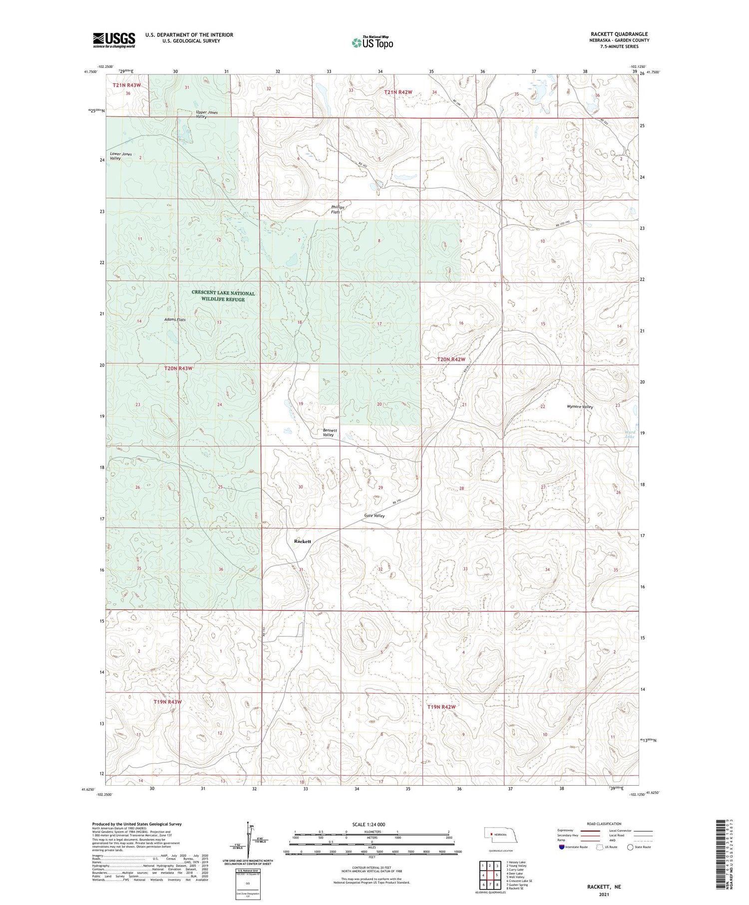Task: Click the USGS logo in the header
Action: point(114,40)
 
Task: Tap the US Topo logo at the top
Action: point(372,42)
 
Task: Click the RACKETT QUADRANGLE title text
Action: point(619,34)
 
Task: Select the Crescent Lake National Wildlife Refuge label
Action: point(223,296)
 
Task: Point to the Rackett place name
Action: point(303,541)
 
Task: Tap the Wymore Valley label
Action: point(580,406)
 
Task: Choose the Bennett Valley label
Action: point(330,432)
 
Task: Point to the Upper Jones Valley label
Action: point(207,114)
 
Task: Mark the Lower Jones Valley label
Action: point(121,156)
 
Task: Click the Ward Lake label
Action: point(630,434)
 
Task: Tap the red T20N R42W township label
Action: point(451,359)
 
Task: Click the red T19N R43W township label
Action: point(167,701)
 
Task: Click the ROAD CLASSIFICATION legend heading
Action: point(604,824)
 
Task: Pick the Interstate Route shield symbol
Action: point(561,847)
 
